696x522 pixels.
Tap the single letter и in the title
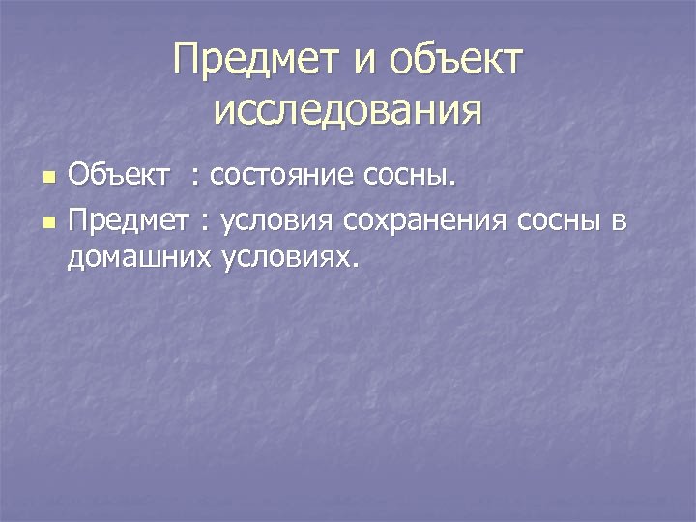(366, 64)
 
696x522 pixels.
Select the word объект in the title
(457, 62)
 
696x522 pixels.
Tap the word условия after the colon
(275, 221)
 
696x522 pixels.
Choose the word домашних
(138, 256)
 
